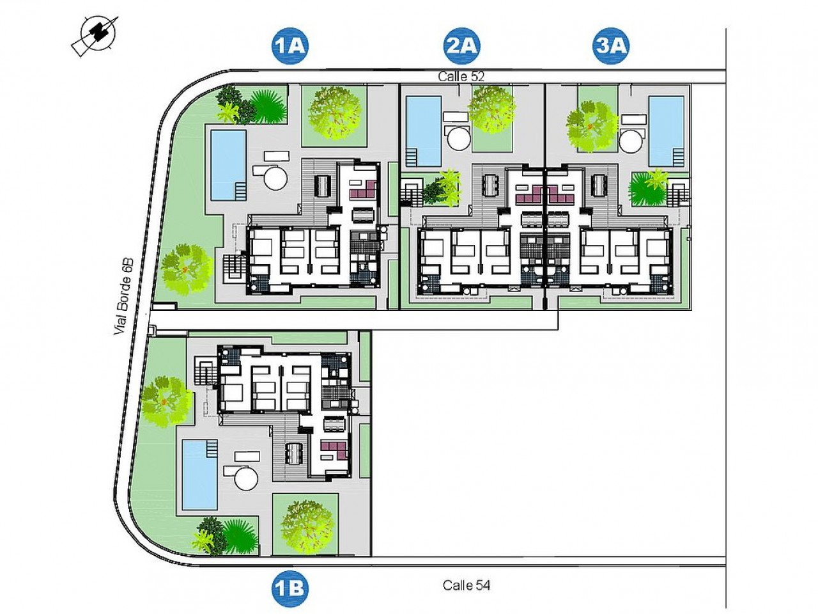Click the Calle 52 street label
tap(461, 75)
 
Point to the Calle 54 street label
tap(467, 585)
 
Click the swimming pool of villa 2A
tap(424, 130)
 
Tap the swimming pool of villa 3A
tap(666, 130)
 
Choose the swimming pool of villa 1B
tap(199, 474)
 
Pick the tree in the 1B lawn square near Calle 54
tap(307, 526)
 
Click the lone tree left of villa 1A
tap(186, 269)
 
